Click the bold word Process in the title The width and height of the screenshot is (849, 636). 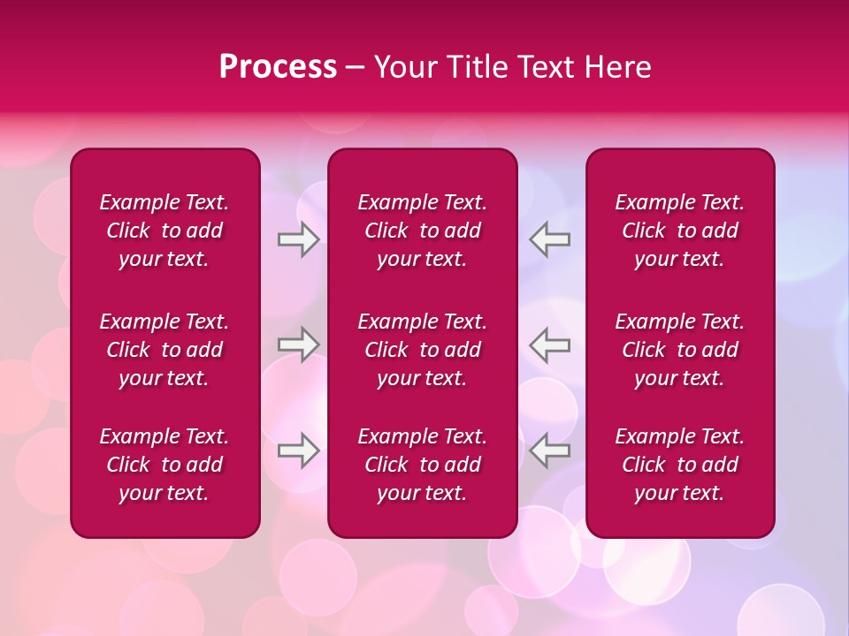(x=278, y=67)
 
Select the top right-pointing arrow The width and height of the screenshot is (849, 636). (x=298, y=239)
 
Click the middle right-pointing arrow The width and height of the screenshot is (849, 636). (x=298, y=344)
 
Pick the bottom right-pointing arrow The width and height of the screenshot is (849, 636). (x=298, y=450)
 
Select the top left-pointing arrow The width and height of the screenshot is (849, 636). (x=549, y=239)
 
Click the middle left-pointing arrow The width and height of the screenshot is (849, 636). (x=549, y=344)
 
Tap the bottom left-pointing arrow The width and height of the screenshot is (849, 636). (x=549, y=450)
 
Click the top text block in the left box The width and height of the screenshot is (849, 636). (x=164, y=231)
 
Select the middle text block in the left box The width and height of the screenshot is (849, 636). (x=164, y=350)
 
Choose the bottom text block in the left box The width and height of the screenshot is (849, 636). (x=164, y=465)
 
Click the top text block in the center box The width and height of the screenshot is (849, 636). (x=423, y=231)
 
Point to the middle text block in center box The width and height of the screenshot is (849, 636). (x=423, y=350)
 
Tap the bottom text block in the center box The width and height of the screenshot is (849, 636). (x=423, y=465)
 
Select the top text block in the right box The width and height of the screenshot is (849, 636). (x=680, y=231)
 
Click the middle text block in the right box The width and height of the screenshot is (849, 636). (x=680, y=350)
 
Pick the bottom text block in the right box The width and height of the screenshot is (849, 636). (x=680, y=465)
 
